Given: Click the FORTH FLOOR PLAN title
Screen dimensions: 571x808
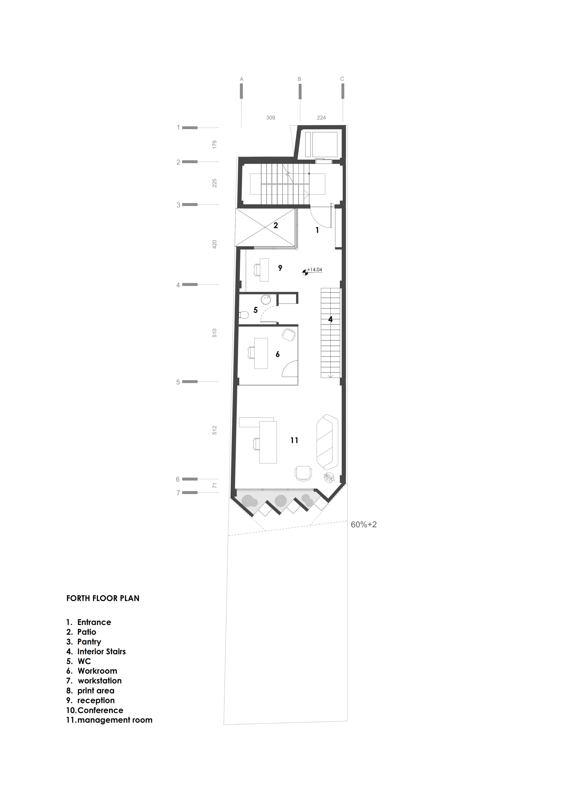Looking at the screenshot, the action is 103,598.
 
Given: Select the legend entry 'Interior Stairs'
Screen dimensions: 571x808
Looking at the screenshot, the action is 96,651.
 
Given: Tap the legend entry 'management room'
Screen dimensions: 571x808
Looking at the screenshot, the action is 109,720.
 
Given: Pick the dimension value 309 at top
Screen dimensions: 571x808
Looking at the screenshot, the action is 271,118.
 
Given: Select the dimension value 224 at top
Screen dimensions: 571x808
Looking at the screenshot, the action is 321,118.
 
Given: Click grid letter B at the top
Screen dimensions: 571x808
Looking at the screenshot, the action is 299,79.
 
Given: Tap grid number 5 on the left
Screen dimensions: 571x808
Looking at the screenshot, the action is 178,382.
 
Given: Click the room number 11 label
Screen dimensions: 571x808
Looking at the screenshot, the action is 294,440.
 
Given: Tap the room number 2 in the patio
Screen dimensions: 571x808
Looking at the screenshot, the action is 276,225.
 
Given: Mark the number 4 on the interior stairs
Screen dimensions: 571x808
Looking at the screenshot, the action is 330,319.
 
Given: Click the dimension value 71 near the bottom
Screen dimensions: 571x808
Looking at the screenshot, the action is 215,486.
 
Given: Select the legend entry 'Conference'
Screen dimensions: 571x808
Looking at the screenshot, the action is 95,710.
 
